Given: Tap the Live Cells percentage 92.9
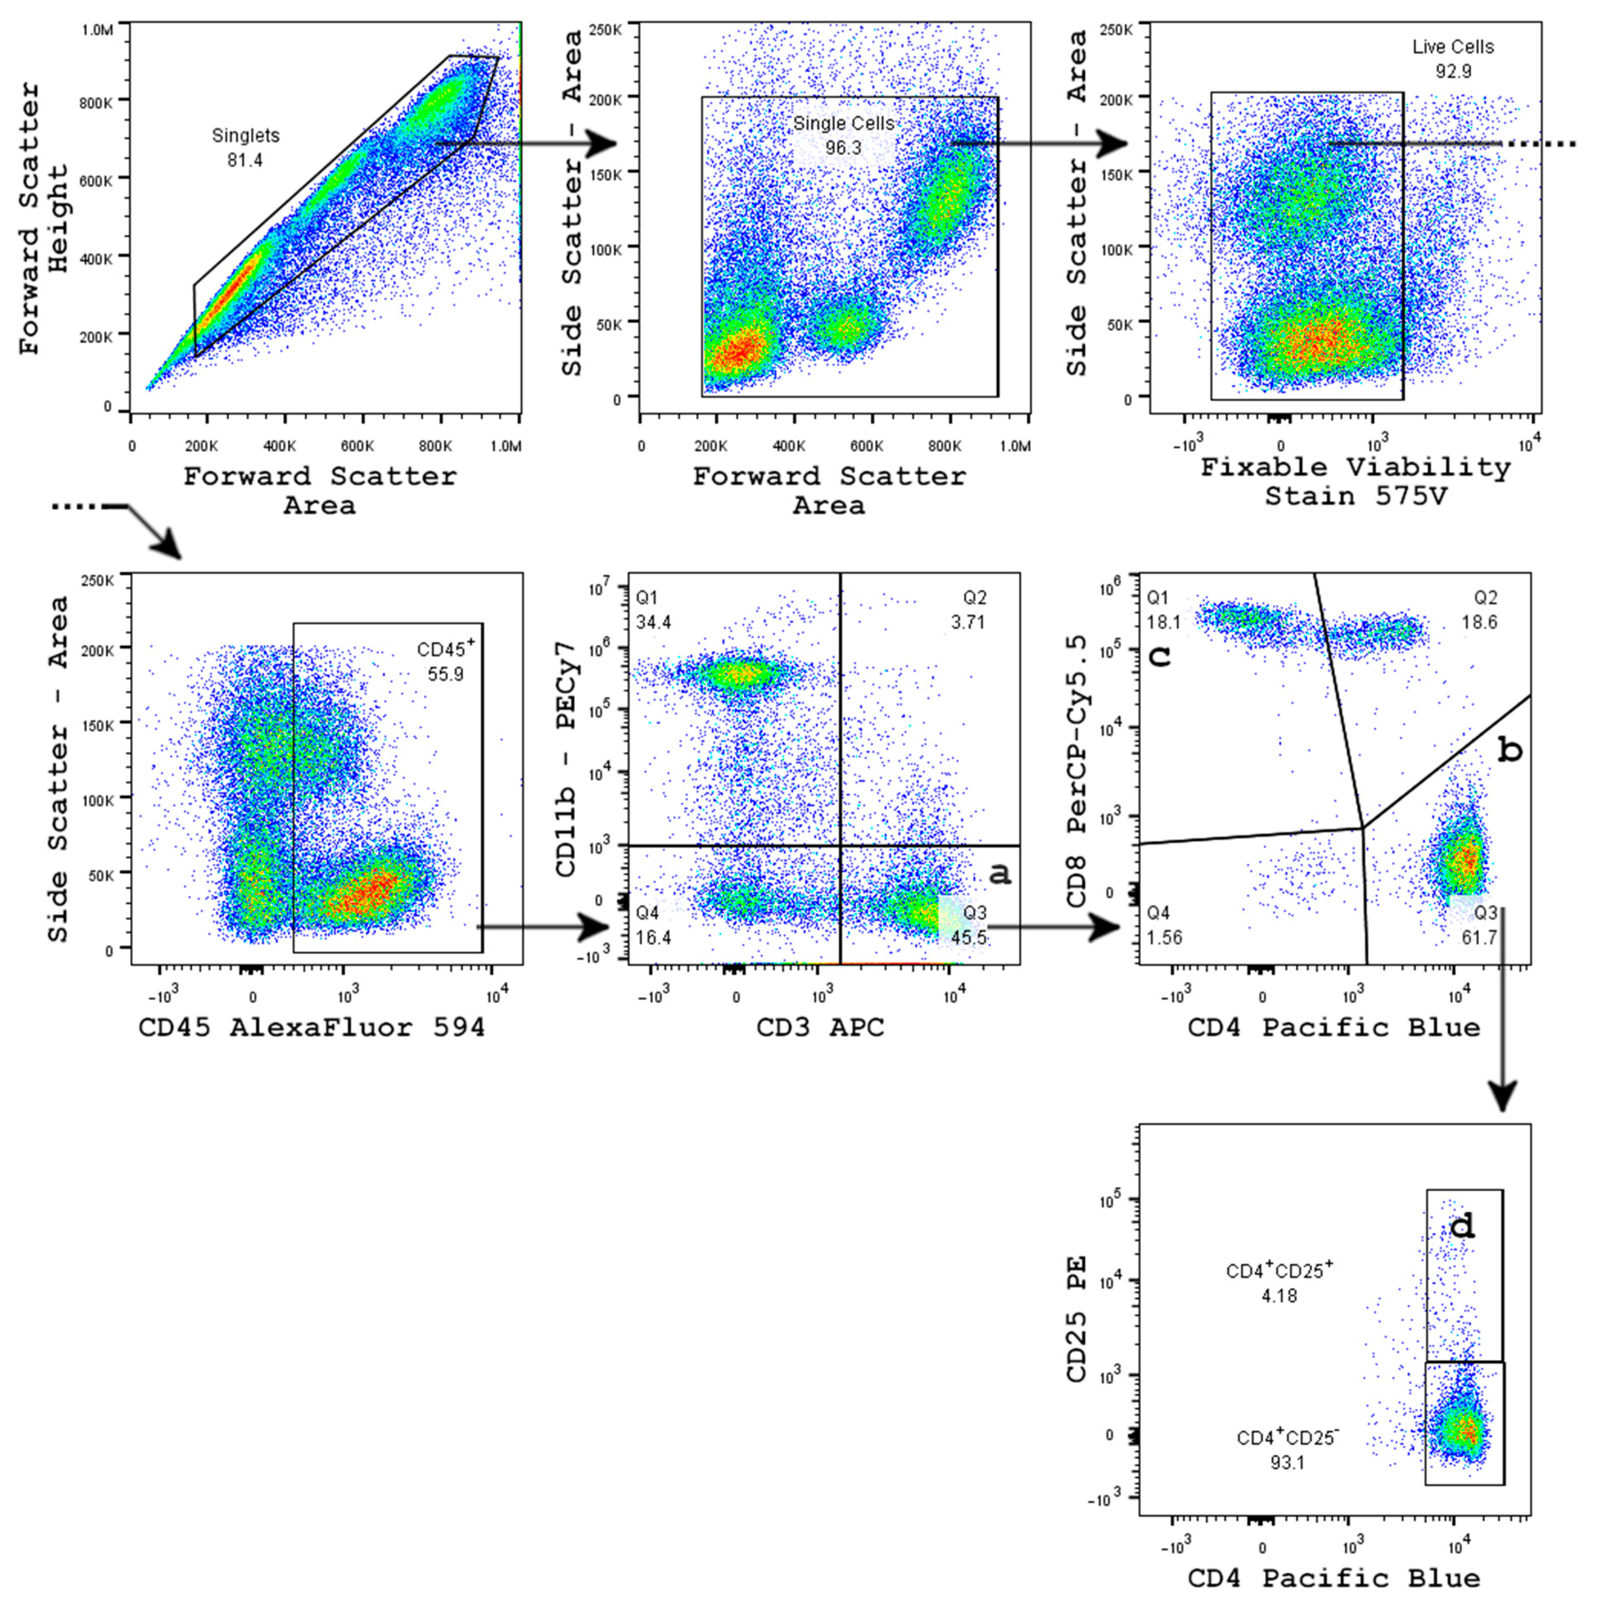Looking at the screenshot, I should tap(1453, 72).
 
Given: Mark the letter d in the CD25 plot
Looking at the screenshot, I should tap(1462, 1225).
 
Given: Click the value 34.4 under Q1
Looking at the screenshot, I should tap(654, 622).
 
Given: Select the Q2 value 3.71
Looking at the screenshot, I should tap(968, 622).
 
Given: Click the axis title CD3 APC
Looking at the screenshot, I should tap(820, 1028).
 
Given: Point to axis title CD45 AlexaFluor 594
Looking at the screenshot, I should tap(311, 1028).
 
